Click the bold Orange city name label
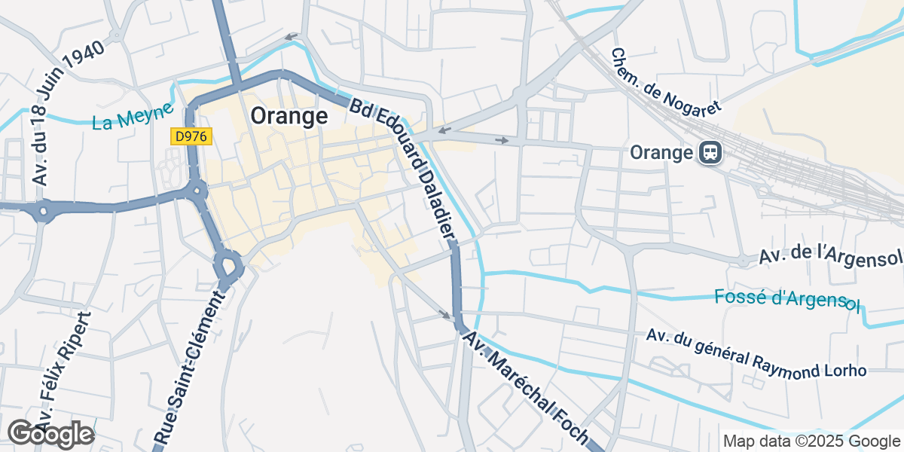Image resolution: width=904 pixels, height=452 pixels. pyautogui.click(x=289, y=116)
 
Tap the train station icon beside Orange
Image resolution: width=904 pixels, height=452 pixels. pyautogui.click(x=710, y=153)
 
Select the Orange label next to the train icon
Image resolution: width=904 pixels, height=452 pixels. pyautogui.click(x=661, y=153)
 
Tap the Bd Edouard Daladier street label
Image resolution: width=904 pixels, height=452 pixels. pyautogui.click(x=402, y=166)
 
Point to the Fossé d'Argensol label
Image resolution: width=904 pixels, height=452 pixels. pyautogui.click(x=786, y=298)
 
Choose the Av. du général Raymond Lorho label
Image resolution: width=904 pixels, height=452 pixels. pyautogui.click(x=756, y=351)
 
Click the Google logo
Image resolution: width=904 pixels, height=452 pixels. pyautogui.click(x=50, y=434)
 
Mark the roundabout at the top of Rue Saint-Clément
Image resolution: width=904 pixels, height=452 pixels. pyautogui.click(x=228, y=266)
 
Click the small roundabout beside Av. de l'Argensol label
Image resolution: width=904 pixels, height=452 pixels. pyautogui.click(x=743, y=261)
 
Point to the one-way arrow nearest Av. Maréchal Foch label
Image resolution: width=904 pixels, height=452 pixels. pyautogui.click(x=445, y=314)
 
